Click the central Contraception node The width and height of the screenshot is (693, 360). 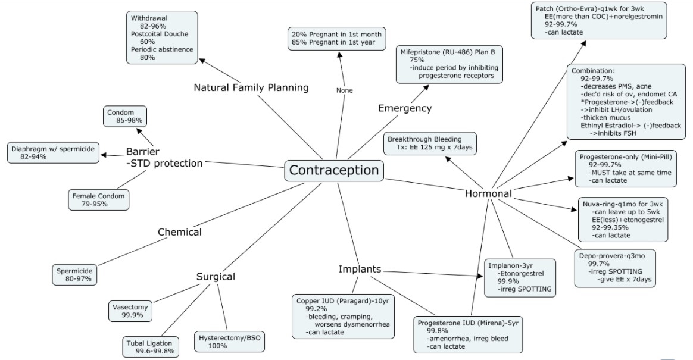point(334,170)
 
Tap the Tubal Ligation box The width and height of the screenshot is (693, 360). point(151,347)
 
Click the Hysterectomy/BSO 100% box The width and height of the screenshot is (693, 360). point(230,341)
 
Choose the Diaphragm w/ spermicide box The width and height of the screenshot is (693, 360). point(54,152)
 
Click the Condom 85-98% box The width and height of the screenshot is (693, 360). point(125,117)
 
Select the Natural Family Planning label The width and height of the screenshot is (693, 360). point(251,88)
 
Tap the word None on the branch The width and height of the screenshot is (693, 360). point(345,90)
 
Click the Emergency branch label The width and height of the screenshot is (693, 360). point(405,108)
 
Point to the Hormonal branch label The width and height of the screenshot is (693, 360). point(488,193)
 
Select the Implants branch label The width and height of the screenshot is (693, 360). point(360,269)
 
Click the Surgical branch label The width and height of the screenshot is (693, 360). point(216,277)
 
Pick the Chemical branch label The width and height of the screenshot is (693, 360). point(179,232)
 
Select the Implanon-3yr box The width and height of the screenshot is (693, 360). point(520,277)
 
